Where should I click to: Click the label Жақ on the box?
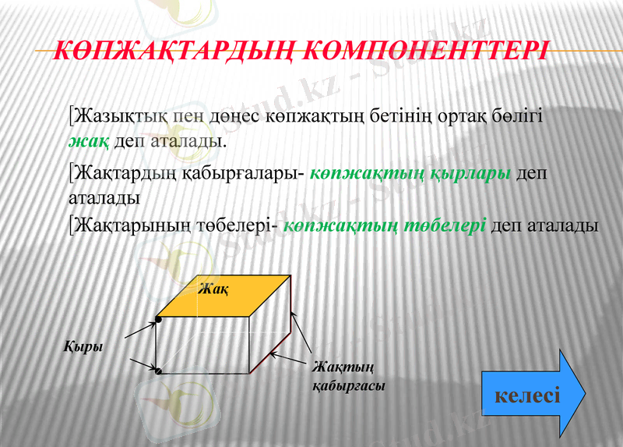pos(213,289)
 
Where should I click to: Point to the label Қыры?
pos(83,346)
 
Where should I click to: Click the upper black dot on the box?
pos(158,318)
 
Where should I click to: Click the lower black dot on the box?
pos(158,371)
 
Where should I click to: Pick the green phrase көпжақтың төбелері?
pos(385,225)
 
